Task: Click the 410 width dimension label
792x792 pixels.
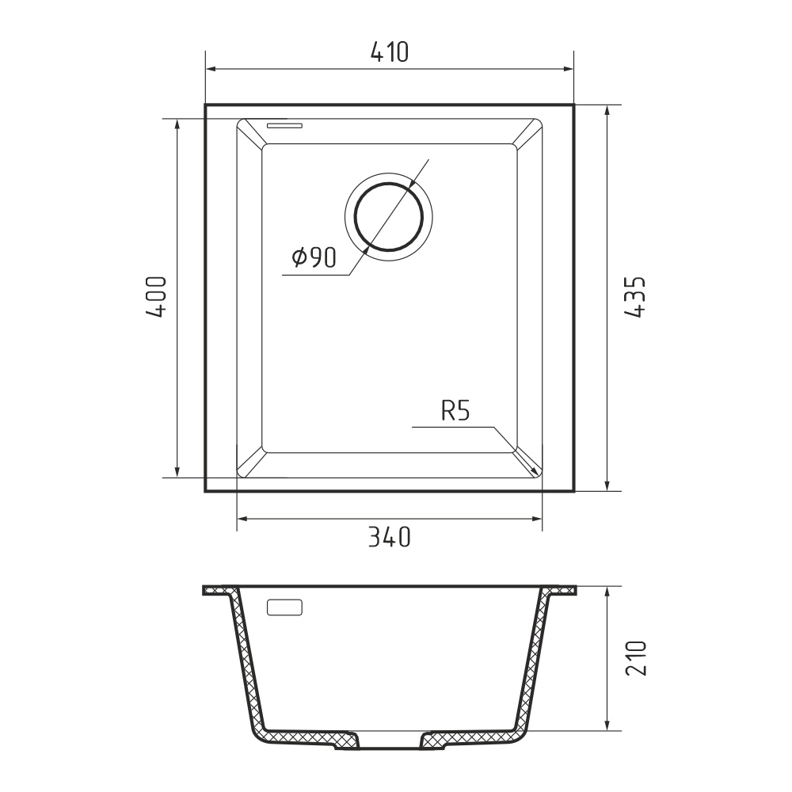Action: [390, 52]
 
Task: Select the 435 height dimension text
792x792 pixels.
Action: [635, 297]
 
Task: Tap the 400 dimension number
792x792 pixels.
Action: [155, 297]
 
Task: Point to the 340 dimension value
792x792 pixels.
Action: [389, 537]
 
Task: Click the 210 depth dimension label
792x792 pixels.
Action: [636, 659]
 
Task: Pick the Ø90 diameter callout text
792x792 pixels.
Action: [314, 257]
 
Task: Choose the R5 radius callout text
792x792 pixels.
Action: [455, 411]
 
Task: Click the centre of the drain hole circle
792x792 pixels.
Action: [388, 217]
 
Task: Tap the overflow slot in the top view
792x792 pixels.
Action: [285, 125]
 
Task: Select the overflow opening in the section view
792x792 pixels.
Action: [284, 607]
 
